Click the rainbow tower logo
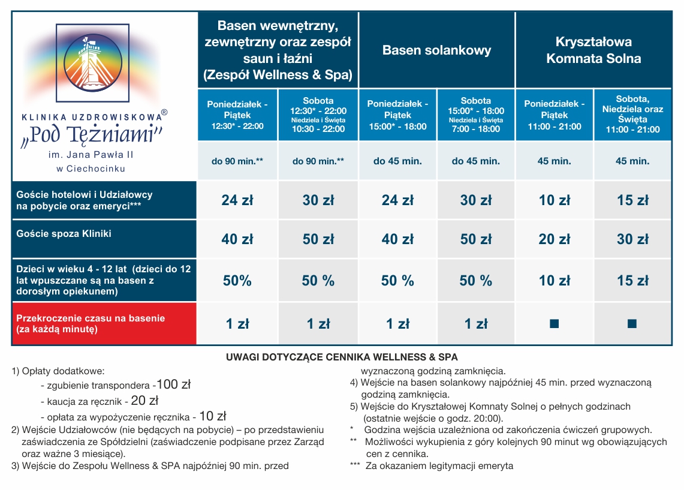[x=92, y=63]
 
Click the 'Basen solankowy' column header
[x=436, y=50]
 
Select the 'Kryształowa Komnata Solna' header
[x=593, y=50]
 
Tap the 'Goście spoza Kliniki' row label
[x=64, y=233]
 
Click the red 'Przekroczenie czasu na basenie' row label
[x=91, y=323]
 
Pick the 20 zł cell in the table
[x=555, y=239]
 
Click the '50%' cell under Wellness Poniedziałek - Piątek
[x=237, y=281]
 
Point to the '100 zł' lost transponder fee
[x=174, y=384]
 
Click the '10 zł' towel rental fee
[x=213, y=416]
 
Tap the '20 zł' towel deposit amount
[x=145, y=400]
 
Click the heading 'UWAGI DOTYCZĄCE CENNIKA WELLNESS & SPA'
[x=342, y=357]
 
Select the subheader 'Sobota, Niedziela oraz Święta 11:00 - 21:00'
[x=632, y=115]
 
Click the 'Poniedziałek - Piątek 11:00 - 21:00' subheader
[x=555, y=115]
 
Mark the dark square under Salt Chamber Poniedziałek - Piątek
[x=555, y=324]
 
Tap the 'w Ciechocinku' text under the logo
[x=91, y=169]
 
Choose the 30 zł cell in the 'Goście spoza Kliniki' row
[x=632, y=239]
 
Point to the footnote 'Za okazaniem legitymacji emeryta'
[x=439, y=466]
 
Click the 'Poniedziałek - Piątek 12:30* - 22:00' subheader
[x=237, y=115]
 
